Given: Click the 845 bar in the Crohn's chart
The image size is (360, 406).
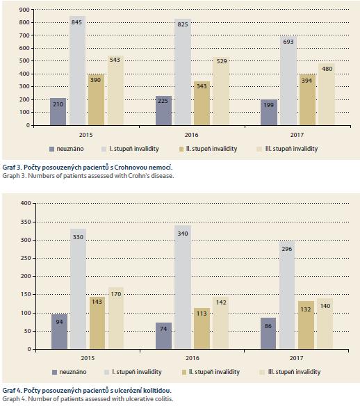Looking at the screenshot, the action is click(x=77, y=71).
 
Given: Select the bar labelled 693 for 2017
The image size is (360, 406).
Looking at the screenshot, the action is click(x=288, y=81).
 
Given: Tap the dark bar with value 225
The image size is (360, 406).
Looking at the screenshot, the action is click(x=163, y=111).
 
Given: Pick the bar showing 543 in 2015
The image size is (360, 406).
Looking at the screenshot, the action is click(x=115, y=90).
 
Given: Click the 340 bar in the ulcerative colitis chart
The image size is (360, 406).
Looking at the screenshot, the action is click(x=183, y=287).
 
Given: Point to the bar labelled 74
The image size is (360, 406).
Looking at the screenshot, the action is click(x=163, y=336).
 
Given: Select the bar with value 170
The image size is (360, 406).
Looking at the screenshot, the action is click(x=116, y=318).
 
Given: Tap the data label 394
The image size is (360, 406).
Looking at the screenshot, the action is click(x=306, y=81).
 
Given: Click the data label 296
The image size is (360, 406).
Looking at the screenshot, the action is click(x=287, y=249).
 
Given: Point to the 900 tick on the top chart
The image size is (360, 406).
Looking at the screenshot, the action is click(x=24, y=10).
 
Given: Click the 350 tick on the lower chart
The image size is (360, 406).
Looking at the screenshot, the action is click(x=26, y=222).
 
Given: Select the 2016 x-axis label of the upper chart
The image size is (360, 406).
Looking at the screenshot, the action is click(x=192, y=135).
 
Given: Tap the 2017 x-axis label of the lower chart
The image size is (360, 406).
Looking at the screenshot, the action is click(x=296, y=358).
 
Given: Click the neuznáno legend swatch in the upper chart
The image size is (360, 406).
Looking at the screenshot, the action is click(x=52, y=149).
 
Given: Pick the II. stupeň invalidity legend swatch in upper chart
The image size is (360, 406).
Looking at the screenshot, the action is click(x=181, y=149).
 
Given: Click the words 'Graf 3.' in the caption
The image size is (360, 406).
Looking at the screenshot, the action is click(x=13, y=168).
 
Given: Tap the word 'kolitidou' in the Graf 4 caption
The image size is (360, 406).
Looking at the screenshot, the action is click(x=158, y=390).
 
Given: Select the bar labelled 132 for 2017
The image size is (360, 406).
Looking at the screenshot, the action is click(x=306, y=325).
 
